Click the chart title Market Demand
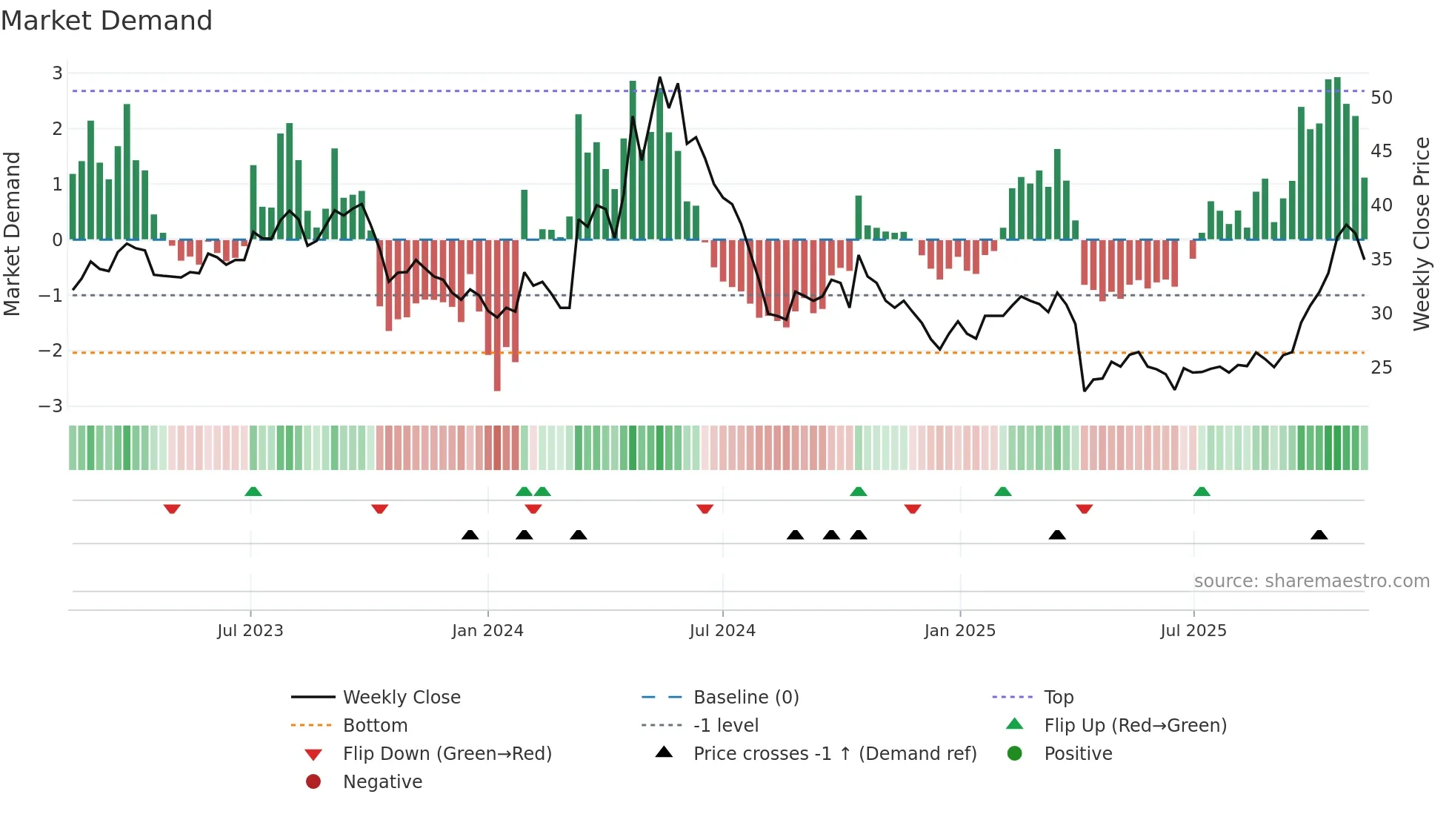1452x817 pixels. pos(107,21)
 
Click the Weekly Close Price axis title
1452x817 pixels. pos(1421,234)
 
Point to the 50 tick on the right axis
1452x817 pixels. pos(1381,97)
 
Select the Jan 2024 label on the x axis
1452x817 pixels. pos(487,631)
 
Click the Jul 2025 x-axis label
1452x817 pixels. pos(1193,631)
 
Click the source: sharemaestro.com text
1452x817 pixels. pos(1311,581)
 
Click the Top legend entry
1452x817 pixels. pos(1059,698)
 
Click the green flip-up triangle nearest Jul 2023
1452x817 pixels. pos(253,492)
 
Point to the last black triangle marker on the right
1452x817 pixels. pos(1319,535)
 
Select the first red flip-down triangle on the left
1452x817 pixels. pos(172,509)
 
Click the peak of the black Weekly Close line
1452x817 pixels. pos(659,78)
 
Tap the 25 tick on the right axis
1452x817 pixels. pos(1381,368)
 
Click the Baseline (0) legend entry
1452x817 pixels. pos(745,698)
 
